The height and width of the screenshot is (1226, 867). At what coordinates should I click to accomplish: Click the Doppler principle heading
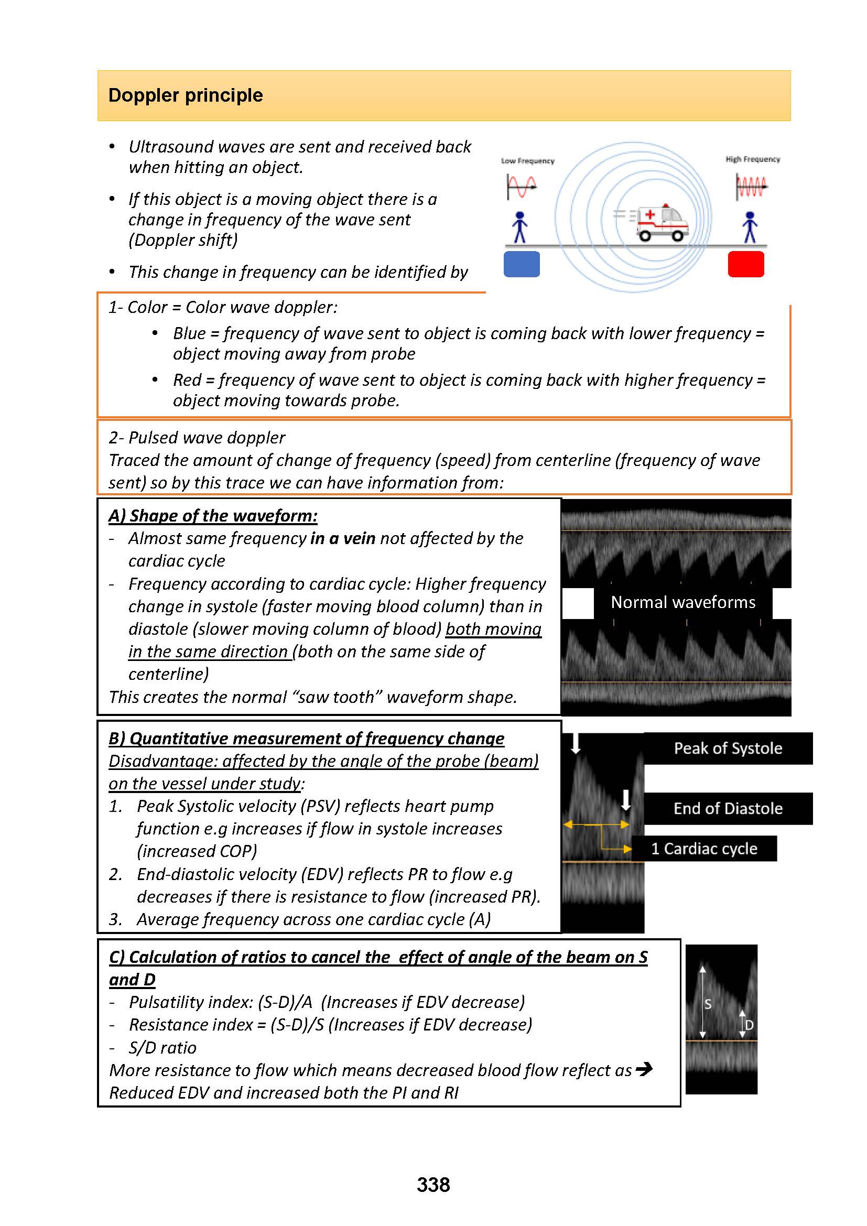(x=185, y=95)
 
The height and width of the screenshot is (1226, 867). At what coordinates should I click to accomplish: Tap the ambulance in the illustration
(x=662, y=223)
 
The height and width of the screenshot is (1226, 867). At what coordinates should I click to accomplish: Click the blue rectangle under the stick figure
(x=522, y=264)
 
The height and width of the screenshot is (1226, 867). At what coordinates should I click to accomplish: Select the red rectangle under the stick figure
(x=746, y=264)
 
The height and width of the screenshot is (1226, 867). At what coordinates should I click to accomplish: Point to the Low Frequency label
(x=527, y=161)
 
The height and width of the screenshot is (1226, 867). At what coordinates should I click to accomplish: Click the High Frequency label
(x=752, y=159)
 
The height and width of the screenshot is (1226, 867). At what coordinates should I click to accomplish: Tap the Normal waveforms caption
(x=683, y=602)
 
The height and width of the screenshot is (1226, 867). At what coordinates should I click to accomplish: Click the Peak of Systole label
(x=728, y=748)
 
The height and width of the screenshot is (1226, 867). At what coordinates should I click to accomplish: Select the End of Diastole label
(x=728, y=808)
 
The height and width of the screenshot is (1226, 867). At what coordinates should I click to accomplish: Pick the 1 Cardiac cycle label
(x=703, y=849)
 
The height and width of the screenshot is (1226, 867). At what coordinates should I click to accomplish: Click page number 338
(x=433, y=1185)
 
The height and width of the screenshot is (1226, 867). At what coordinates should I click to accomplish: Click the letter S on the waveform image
(x=708, y=1004)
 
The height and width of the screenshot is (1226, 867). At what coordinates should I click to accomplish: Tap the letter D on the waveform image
(x=749, y=1025)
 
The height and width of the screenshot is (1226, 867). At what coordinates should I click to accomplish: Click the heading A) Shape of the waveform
(x=213, y=516)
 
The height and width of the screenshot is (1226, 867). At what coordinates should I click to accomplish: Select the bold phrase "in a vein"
(x=343, y=538)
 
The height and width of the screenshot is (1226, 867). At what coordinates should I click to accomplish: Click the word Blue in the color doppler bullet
(x=189, y=333)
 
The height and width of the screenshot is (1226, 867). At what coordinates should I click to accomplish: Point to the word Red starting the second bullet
(x=187, y=379)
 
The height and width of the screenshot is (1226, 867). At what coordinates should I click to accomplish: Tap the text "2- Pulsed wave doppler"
(x=197, y=437)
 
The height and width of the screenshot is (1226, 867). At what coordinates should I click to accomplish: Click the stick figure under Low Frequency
(x=519, y=227)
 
